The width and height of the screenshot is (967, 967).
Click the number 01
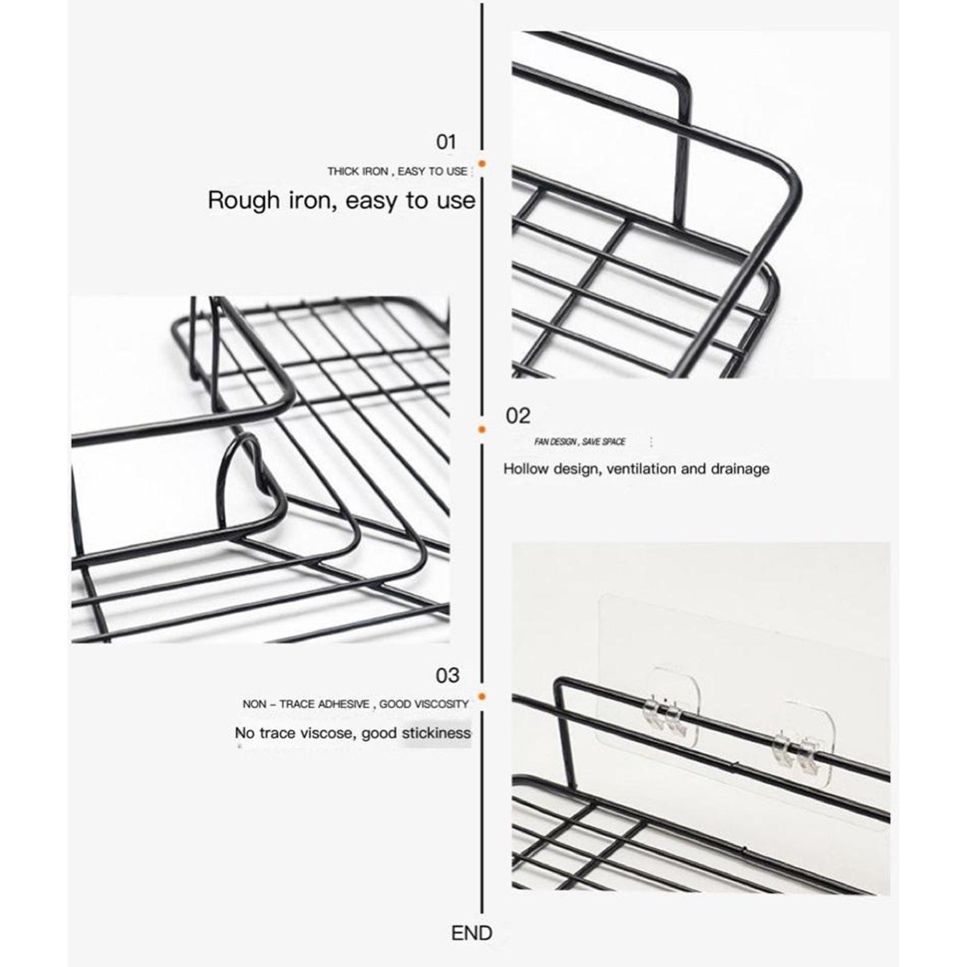[446, 142]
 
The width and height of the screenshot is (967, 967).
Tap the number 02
[518, 416]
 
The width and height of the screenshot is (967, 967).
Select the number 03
[447, 675]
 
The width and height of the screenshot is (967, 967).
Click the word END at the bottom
[471, 933]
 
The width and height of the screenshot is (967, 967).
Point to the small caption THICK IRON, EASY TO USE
[397, 172]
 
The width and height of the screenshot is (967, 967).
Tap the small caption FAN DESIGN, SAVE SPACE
[580, 442]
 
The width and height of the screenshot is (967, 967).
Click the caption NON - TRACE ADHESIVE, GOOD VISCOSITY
[355, 704]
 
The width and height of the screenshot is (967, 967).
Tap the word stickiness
[436, 733]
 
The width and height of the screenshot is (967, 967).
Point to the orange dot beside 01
[482, 163]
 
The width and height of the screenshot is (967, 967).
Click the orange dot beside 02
[482, 429]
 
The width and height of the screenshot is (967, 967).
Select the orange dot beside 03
[482, 696]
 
